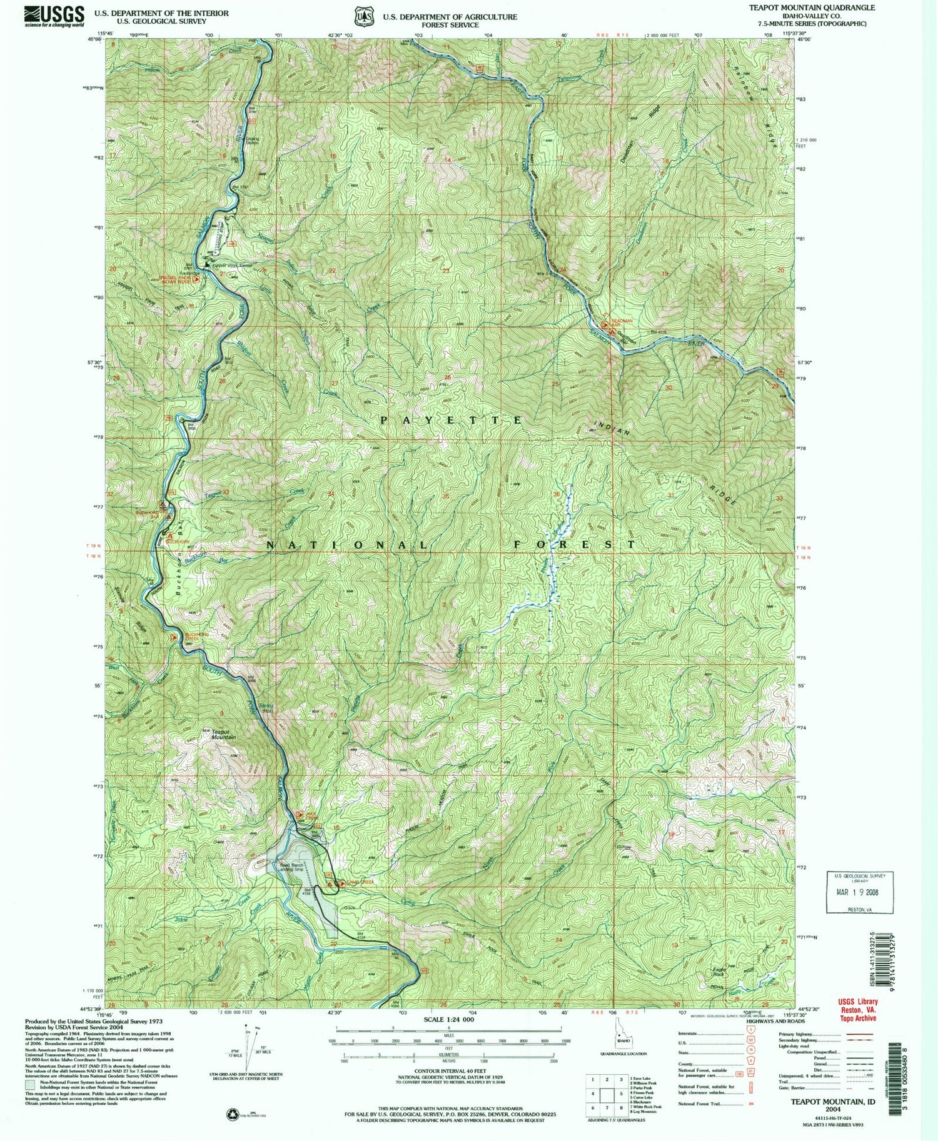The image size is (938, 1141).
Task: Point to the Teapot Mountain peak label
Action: (219, 734)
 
